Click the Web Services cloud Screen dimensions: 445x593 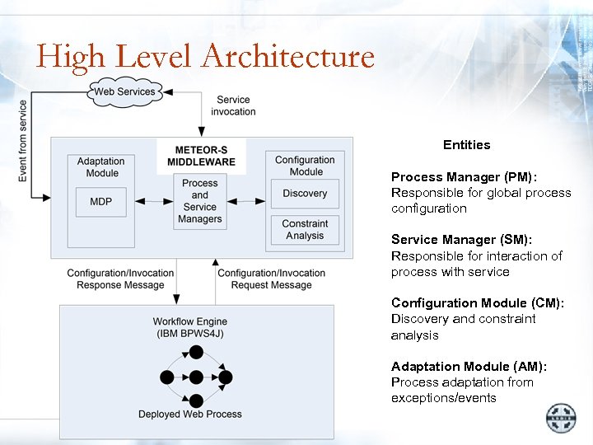tap(125, 91)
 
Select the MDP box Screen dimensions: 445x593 tap(100, 201)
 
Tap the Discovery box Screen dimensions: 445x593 tap(305, 194)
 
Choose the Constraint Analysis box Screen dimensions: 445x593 tap(305, 229)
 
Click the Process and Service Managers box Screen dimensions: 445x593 tap(200, 201)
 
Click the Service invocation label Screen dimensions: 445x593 tap(233, 105)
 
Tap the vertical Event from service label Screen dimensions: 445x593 tap(23, 140)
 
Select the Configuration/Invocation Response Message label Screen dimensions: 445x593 tap(120, 279)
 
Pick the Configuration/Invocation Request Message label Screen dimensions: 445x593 tap(271, 279)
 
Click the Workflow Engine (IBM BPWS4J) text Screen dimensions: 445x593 tap(190, 327)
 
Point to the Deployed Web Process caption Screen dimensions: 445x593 tap(190, 415)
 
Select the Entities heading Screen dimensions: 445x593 tap(466, 145)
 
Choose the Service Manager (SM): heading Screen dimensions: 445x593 tap(462, 240)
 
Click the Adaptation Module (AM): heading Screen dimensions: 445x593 tap(469, 367)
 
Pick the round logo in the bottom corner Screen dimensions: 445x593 tap(562, 418)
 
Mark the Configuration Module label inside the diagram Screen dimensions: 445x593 tap(305, 166)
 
